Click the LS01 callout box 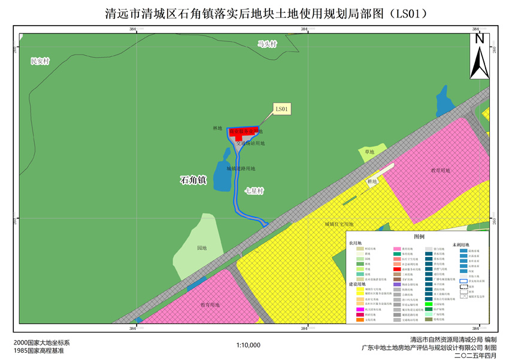click(282, 108)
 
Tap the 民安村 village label click(40, 61)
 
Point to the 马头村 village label click(268, 44)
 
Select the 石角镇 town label click(193, 179)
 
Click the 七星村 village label click(255, 191)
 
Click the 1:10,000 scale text click(249, 345)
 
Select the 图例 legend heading click(419, 237)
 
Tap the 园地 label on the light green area click(202, 247)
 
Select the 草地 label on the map click(369, 152)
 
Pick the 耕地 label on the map click(372, 181)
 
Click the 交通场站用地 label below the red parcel click(250, 144)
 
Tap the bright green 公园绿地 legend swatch click(429, 305)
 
